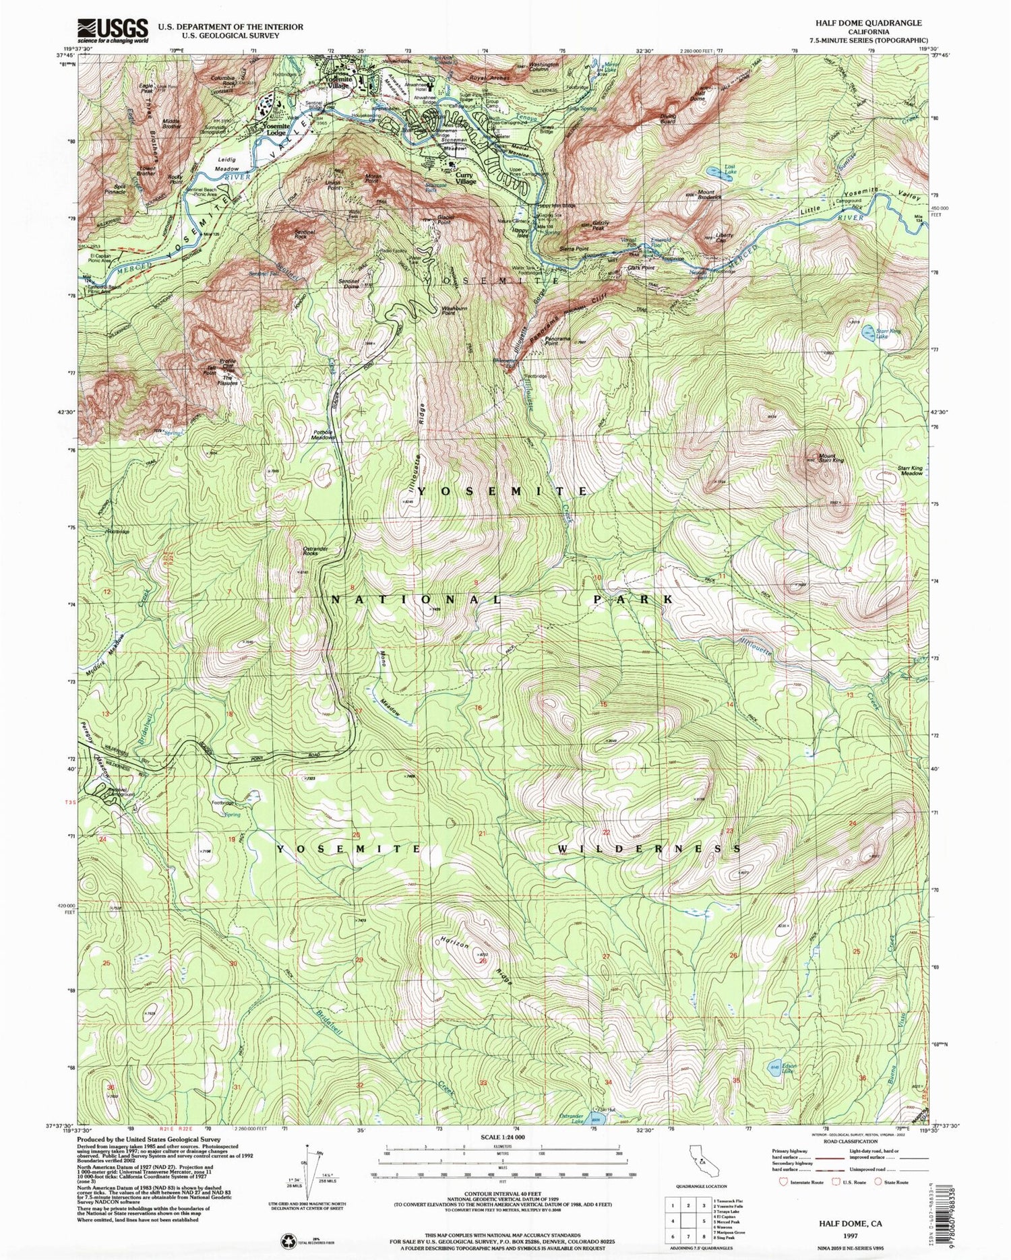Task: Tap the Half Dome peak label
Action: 697,95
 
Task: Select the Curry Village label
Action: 466,179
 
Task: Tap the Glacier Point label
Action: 443,218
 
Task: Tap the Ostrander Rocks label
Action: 315,550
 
